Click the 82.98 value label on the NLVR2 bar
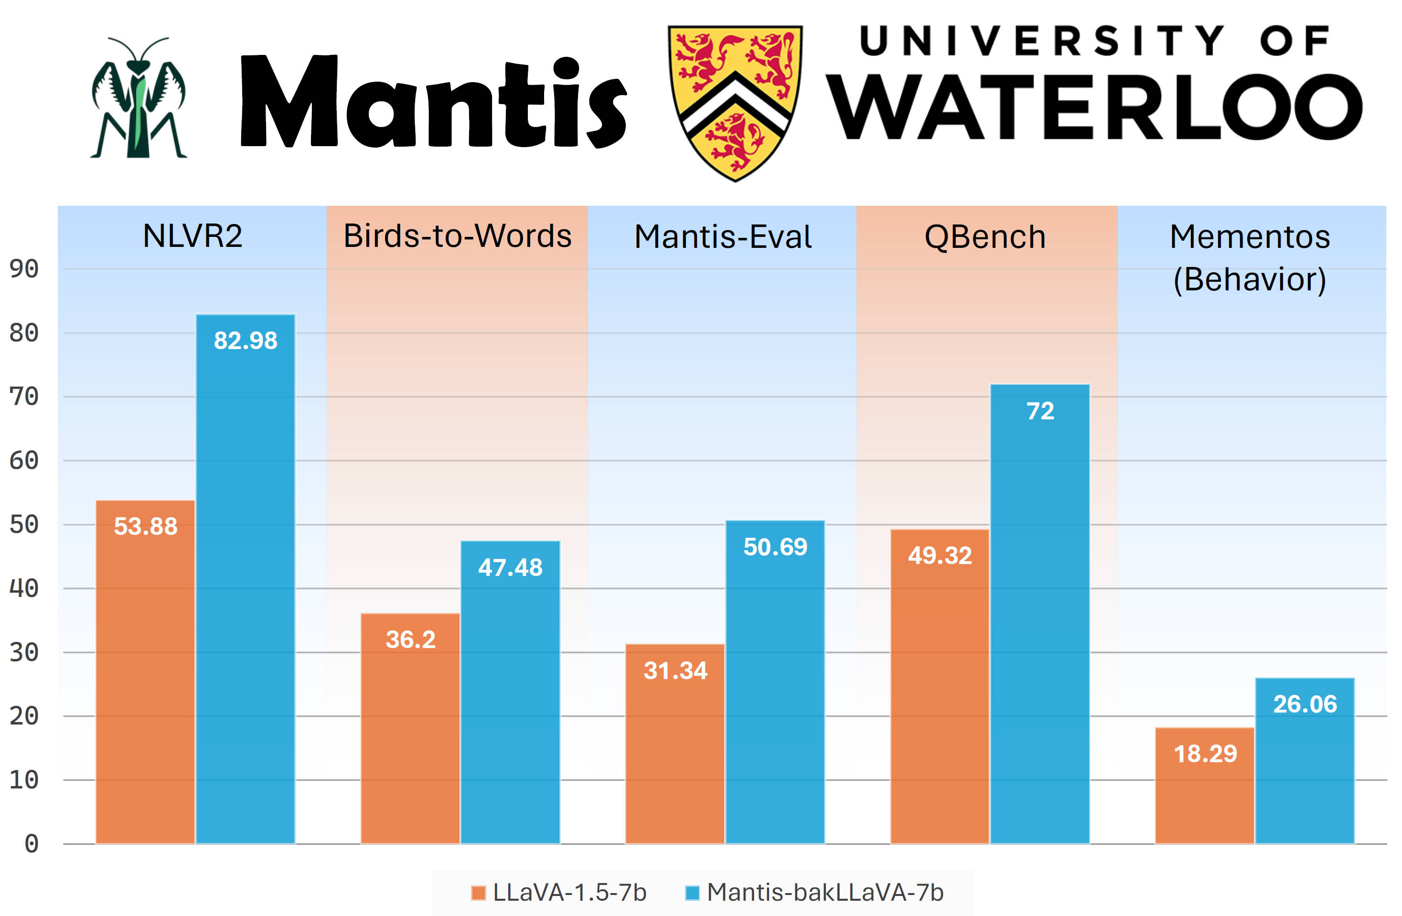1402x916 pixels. point(245,341)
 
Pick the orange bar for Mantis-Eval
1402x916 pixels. point(675,748)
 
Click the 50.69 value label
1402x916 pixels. point(775,547)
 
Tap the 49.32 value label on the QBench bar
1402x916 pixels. point(940,555)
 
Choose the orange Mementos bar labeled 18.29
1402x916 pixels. point(1205,795)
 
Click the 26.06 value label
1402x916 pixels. point(1305,704)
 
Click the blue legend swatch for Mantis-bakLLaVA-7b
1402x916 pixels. point(692,893)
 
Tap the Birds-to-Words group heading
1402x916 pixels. point(457,236)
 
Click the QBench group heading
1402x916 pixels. point(985,237)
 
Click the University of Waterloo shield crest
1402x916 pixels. point(735,101)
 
